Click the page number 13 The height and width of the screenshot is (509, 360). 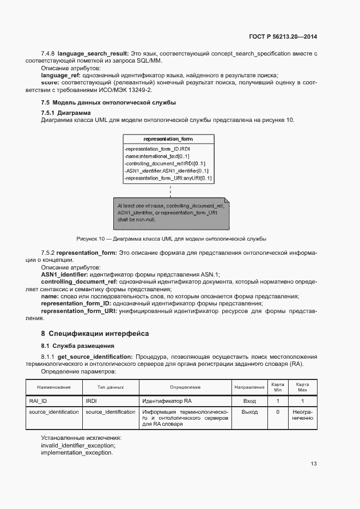[x=314, y=464]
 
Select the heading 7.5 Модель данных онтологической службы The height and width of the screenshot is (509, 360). [x=108, y=102]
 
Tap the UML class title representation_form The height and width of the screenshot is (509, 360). [x=168, y=139]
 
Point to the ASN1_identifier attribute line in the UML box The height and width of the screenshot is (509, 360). [x=167, y=170]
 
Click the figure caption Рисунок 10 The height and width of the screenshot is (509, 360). [x=171, y=239]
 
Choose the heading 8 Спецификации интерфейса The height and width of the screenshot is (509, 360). [x=95, y=333]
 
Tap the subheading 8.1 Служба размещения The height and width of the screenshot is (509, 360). [x=78, y=346]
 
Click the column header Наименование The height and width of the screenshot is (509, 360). [x=54, y=387]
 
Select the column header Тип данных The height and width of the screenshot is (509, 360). [x=111, y=387]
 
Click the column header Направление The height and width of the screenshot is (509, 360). [x=249, y=387]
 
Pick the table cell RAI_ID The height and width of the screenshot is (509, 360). [x=38, y=401]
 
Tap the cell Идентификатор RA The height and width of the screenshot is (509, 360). [x=167, y=401]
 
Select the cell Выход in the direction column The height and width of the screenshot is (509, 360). [x=249, y=412]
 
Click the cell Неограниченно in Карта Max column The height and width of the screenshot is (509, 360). [x=303, y=415]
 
